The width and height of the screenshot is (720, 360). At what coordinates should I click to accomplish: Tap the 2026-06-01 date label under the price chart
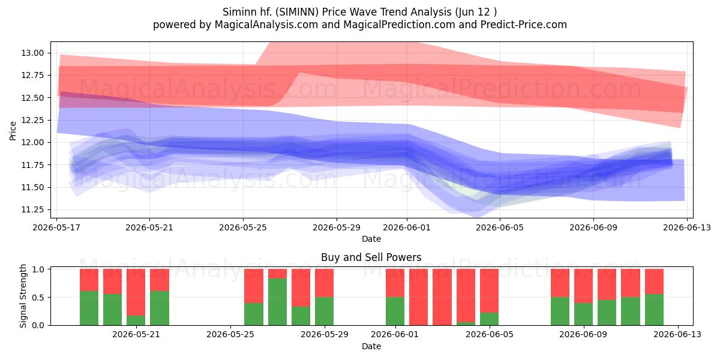[x=407, y=227]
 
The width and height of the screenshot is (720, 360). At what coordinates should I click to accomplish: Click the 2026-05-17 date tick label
[x=56, y=227]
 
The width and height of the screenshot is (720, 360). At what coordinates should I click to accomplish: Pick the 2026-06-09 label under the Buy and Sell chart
[x=583, y=335]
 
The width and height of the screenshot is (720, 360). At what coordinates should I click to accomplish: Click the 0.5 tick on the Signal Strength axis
[x=38, y=298]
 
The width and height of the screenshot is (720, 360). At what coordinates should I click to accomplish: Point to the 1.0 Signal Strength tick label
[x=38, y=269]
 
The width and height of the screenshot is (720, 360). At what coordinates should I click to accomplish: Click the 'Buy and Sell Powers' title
[x=371, y=257]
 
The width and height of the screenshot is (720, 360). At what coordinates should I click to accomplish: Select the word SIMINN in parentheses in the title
[x=297, y=12]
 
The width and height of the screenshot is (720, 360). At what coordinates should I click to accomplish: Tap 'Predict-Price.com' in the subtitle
[x=524, y=25]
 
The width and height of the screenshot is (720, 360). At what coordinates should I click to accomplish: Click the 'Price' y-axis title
[x=13, y=131]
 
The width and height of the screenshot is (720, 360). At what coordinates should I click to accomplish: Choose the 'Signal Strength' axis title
[x=23, y=296]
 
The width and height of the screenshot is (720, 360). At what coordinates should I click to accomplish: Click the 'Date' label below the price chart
[x=371, y=239]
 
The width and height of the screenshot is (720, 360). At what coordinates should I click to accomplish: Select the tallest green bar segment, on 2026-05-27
[x=277, y=302]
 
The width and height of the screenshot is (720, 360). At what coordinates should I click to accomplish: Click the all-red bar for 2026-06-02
[x=419, y=297]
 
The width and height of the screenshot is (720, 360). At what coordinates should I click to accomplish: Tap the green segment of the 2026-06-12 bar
[x=654, y=310]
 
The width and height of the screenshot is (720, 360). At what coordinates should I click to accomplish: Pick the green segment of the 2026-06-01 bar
[x=395, y=311]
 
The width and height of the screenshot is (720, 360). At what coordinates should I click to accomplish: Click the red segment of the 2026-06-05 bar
[x=489, y=290]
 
